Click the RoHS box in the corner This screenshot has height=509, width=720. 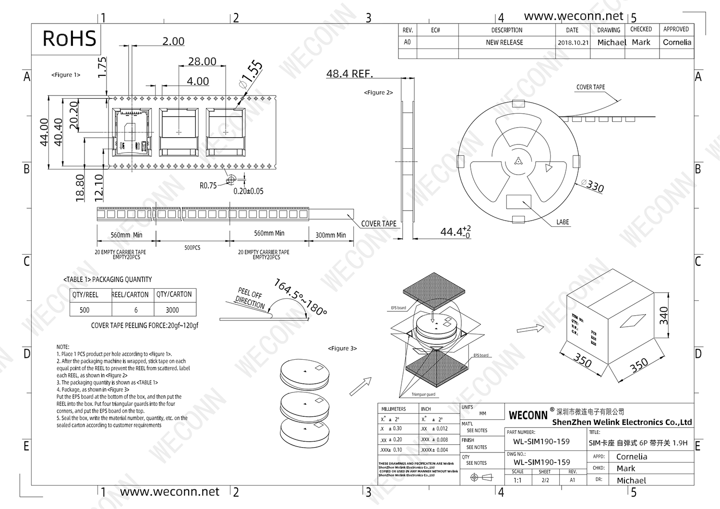69,39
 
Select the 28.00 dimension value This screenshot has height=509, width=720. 202,61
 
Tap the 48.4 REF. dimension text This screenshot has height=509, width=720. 349,73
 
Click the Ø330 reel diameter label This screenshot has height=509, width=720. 592,185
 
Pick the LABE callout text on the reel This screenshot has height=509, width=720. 563,222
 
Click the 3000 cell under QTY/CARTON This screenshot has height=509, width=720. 172,310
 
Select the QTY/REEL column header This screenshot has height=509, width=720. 85,295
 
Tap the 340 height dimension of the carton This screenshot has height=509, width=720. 664,316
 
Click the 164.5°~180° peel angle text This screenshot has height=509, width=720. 300,297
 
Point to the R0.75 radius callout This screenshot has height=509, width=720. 208,186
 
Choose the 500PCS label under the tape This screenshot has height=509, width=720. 192,248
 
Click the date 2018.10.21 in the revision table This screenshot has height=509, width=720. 573,42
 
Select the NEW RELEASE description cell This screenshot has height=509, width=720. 504,42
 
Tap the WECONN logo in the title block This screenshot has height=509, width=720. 528,415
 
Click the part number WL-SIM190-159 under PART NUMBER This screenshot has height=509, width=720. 541,442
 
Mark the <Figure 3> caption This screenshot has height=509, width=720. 342,348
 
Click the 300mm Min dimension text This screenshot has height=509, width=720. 330,235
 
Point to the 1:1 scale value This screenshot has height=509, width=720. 517,480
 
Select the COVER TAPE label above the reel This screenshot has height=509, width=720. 590,87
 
